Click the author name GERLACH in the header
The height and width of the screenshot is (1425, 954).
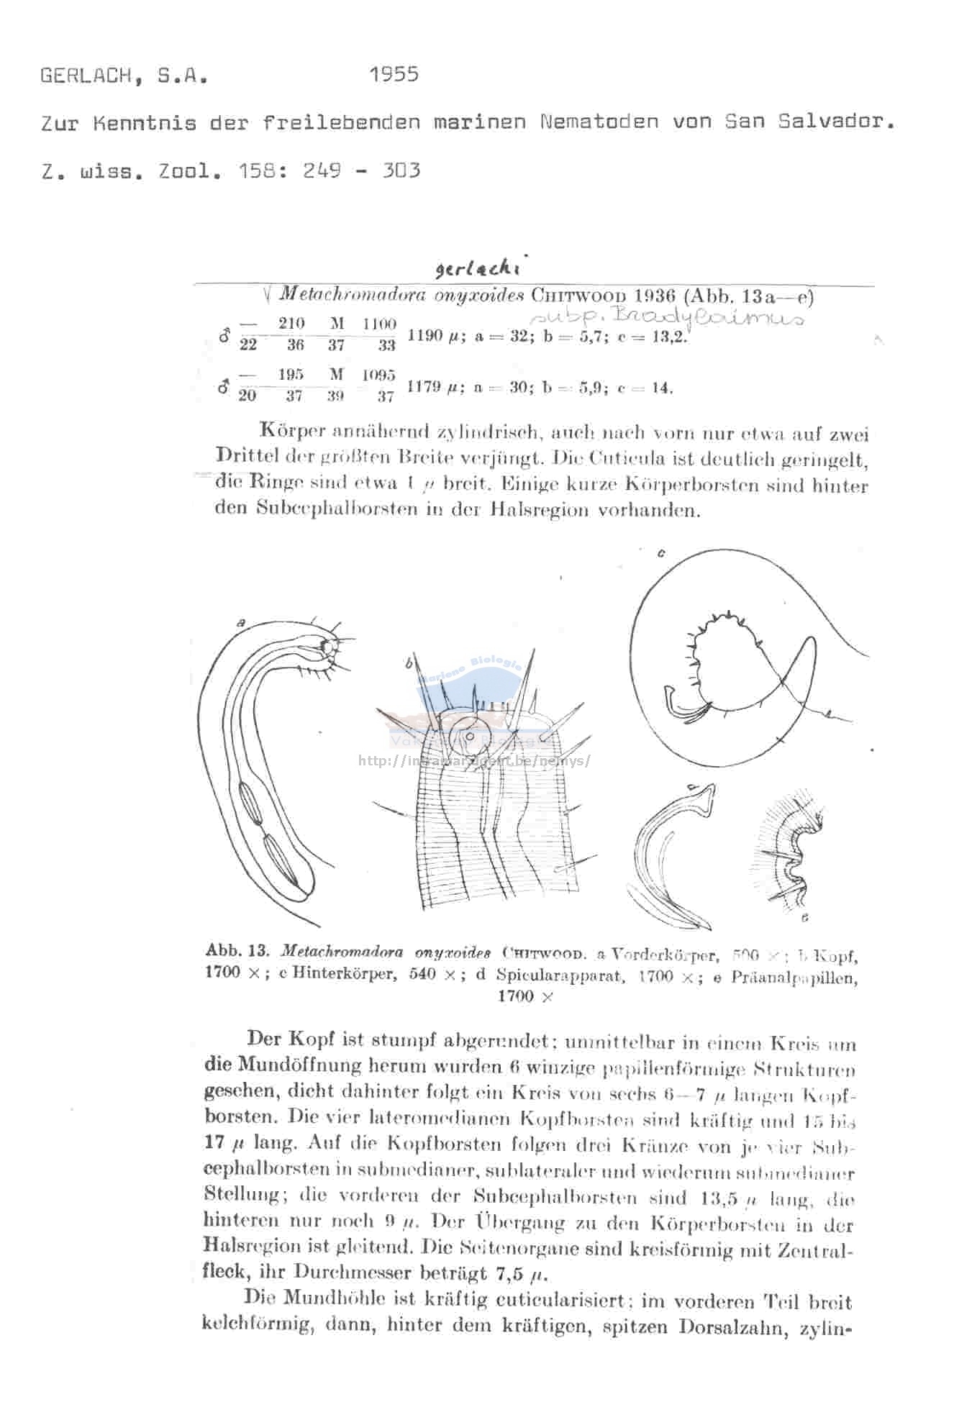pos(87,76)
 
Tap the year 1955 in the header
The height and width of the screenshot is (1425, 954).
pos(394,74)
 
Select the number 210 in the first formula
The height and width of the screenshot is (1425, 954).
pos(291,324)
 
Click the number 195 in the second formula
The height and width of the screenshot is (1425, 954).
pos(291,375)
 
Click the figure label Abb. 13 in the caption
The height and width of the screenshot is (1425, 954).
pos(237,951)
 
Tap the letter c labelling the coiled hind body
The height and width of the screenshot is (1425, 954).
pos(660,552)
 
